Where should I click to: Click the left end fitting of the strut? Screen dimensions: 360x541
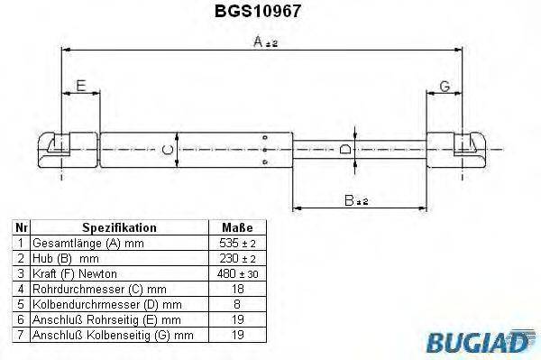point(66,148)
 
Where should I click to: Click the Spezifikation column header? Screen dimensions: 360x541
point(120,228)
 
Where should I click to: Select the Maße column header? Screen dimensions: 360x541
point(236,228)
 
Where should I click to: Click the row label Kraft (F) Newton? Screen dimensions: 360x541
point(74,272)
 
